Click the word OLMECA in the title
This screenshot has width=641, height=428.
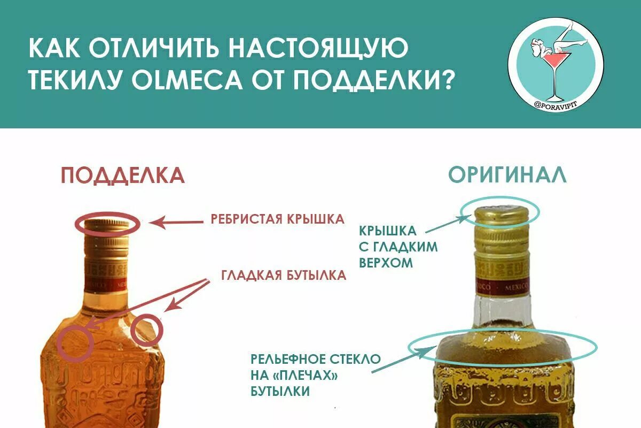174,79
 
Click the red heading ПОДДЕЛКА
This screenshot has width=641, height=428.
123,175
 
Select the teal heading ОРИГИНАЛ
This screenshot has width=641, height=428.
507,175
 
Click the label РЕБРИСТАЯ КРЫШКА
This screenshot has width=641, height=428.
277,219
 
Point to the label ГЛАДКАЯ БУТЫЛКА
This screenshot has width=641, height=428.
284,276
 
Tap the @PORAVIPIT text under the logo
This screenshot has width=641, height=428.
555,105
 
